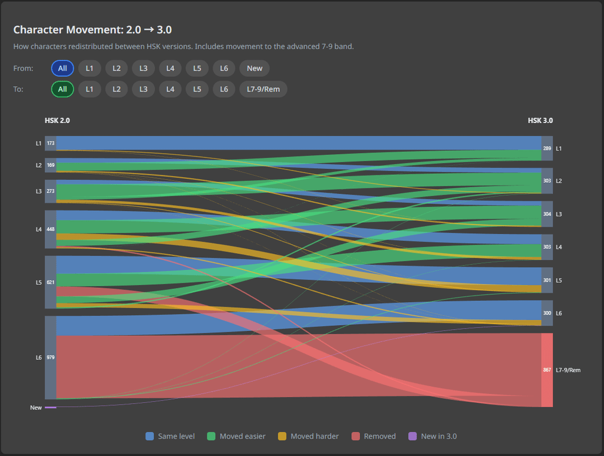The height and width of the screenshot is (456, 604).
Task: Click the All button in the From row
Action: point(62,68)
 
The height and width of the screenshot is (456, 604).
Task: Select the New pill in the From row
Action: point(254,68)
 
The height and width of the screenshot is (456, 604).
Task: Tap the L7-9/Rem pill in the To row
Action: point(263,89)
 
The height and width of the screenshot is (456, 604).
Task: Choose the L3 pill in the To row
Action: point(143,89)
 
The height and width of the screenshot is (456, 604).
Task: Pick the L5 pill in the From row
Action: point(197,68)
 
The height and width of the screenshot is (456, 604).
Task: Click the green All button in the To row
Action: point(62,89)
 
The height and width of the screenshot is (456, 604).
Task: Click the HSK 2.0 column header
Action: point(57,120)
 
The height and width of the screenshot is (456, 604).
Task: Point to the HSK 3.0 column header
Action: point(540,120)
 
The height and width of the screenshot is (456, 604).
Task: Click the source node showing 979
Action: point(50,357)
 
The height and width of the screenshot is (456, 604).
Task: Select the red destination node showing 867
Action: point(547,370)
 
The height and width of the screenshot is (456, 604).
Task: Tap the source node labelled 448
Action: point(50,229)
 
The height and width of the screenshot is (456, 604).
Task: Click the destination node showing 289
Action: point(547,149)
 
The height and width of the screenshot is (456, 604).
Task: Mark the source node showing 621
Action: point(50,282)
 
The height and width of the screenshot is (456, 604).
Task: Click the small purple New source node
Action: point(50,407)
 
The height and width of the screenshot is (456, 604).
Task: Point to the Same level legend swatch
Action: point(149,436)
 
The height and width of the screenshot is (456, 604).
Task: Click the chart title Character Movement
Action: point(92,30)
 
